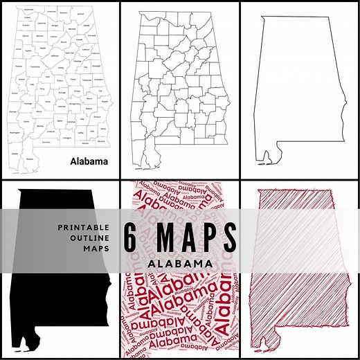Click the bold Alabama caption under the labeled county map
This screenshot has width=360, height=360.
pos(89,161)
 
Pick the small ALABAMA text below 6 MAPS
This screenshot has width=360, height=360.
pos(180,264)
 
